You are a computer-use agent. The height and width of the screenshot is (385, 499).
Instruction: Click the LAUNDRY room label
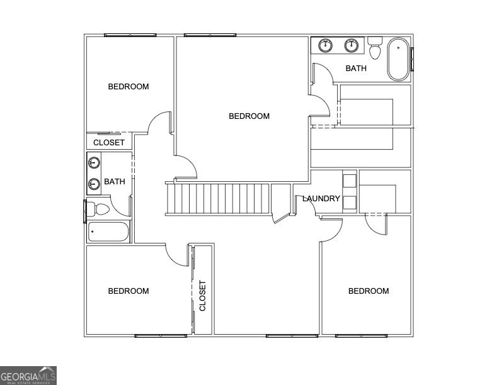[321, 199]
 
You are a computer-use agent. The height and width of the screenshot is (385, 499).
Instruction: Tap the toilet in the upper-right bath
[376, 48]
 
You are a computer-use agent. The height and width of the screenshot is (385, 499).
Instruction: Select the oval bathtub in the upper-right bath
[398, 60]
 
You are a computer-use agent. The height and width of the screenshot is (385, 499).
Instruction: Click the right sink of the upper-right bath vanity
[352, 45]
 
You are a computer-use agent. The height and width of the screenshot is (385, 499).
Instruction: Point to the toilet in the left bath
[99, 208]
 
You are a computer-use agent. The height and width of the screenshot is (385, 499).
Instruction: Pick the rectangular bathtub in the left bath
[108, 232]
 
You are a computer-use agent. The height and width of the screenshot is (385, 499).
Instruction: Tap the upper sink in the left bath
[94, 164]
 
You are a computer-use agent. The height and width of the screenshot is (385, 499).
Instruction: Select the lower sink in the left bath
[94, 184]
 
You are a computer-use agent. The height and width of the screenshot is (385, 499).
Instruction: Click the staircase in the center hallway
[217, 199]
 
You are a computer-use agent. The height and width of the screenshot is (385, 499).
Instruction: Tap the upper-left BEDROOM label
[129, 86]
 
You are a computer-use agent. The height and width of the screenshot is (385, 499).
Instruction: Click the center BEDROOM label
[249, 116]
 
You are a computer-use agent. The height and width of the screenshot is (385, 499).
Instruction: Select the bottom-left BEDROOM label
[129, 291]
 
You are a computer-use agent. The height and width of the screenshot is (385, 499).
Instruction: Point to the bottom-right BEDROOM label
[369, 291]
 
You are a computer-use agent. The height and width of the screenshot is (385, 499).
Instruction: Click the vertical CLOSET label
[203, 296]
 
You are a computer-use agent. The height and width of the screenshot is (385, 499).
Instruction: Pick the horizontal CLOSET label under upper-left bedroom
[109, 143]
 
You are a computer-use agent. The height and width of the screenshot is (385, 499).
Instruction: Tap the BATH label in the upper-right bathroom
[356, 69]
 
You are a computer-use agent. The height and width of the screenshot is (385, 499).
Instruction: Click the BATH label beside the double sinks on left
[115, 182]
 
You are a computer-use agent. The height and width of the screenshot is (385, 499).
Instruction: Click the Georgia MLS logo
[28, 375]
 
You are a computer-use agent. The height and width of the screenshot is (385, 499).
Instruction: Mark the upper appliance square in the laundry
[350, 180]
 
